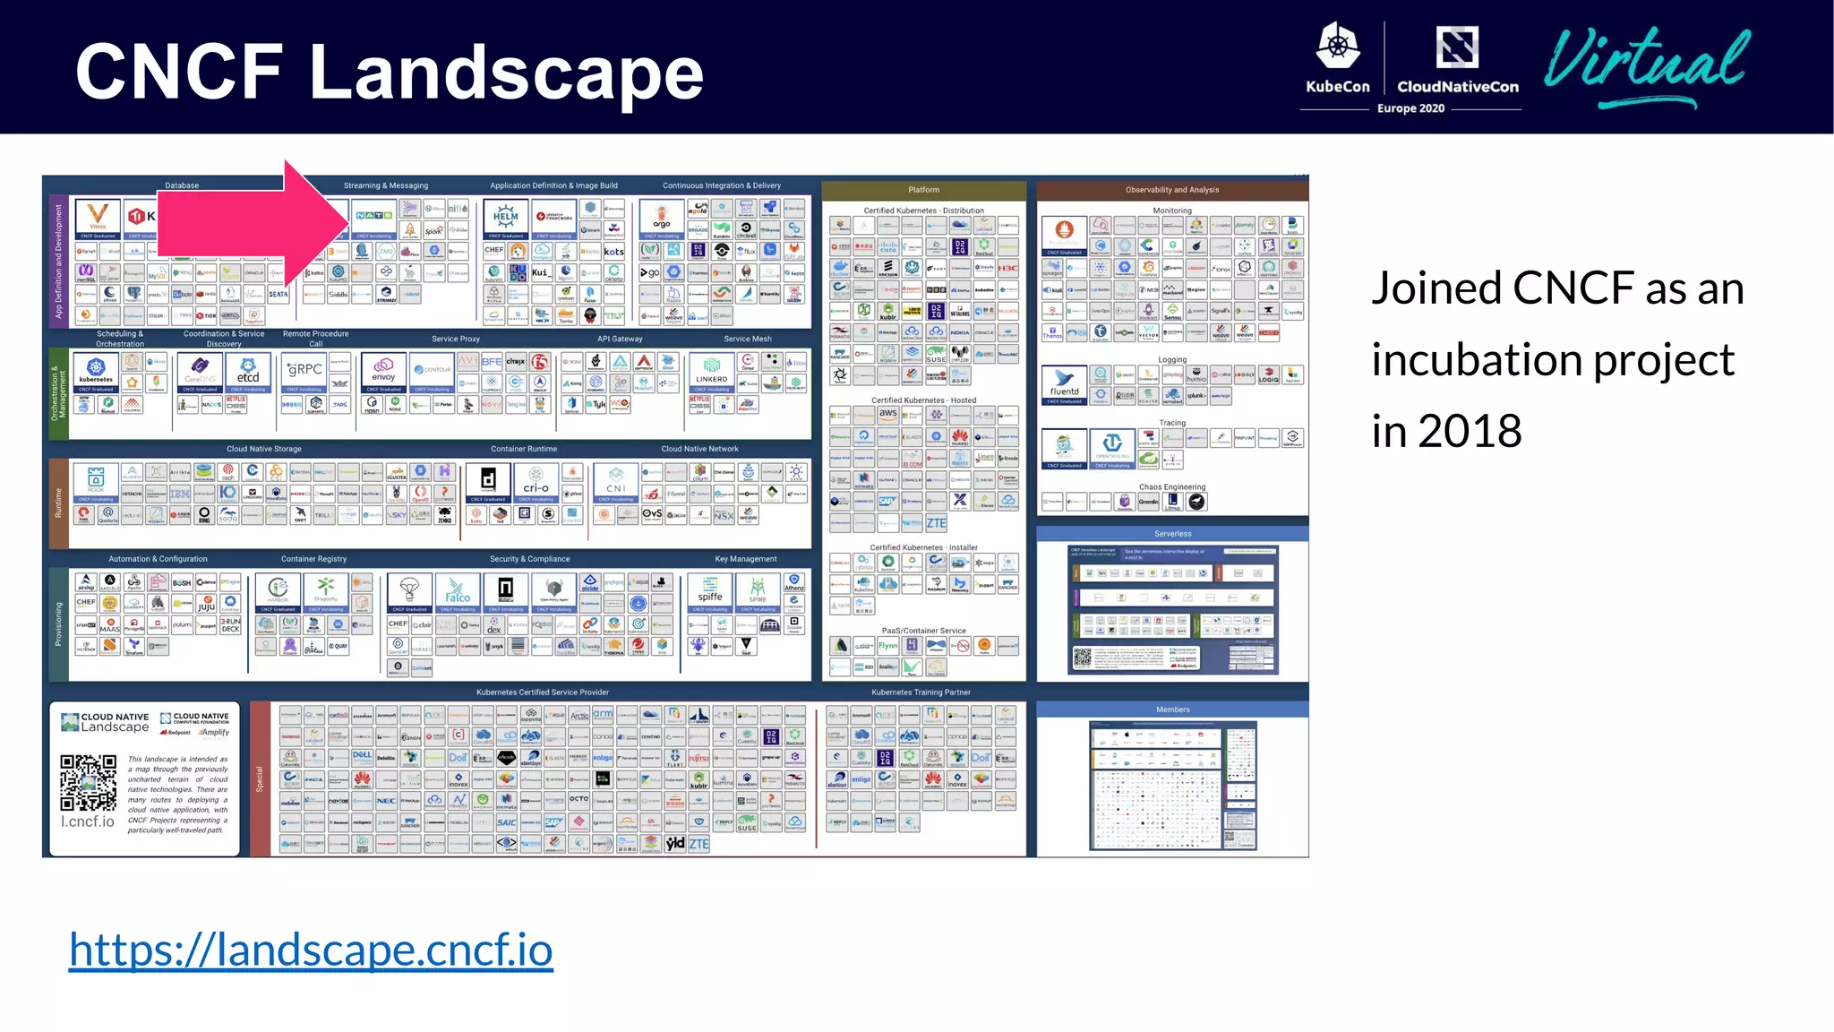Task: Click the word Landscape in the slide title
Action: (506, 73)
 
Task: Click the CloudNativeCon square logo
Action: (1457, 47)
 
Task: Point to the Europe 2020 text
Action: (1410, 108)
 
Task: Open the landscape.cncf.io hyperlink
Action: (311, 950)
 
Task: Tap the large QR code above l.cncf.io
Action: (88, 782)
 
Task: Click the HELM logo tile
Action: (506, 217)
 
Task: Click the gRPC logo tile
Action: (304, 370)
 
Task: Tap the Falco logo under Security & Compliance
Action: (458, 590)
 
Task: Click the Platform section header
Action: (923, 190)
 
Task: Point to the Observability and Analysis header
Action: (1172, 190)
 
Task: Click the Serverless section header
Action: (1172, 534)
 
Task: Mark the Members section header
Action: (1172, 709)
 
